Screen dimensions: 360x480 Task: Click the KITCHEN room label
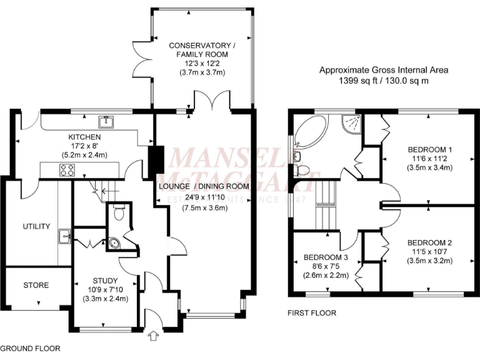click(x=85, y=137)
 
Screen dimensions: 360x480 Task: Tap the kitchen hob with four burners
click(x=67, y=169)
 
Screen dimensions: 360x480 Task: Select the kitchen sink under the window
click(x=105, y=121)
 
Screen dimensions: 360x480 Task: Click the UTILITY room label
click(x=36, y=226)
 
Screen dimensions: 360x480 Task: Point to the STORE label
click(x=36, y=285)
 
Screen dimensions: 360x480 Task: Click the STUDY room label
click(x=105, y=279)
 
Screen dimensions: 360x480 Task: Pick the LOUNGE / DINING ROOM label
click(x=204, y=186)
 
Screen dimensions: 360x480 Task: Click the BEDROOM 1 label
click(x=429, y=149)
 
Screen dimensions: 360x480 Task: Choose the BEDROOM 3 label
click(x=325, y=257)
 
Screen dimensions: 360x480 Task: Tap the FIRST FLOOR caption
click(x=311, y=313)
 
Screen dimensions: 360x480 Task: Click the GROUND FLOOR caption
click(x=30, y=348)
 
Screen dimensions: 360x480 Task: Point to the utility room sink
click(x=64, y=236)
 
